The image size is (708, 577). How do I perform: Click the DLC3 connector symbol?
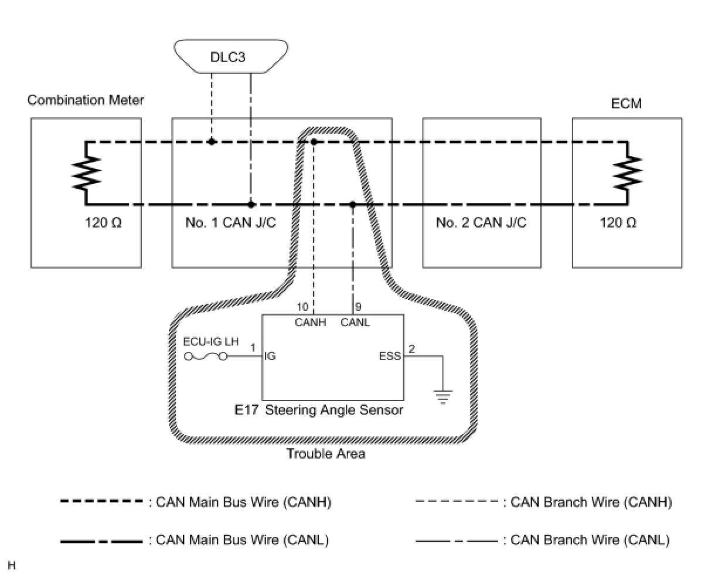(x=232, y=57)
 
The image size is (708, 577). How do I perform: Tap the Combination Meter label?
(x=86, y=100)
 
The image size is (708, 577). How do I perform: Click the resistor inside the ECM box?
(x=627, y=174)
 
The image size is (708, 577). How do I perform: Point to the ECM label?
(x=627, y=104)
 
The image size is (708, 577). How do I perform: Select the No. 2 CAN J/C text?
(x=481, y=223)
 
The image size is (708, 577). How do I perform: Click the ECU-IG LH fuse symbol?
(x=206, y=357)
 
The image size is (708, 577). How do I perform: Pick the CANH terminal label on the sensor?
(x=311, y=322)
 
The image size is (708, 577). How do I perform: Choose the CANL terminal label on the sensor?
(x=355, y=322)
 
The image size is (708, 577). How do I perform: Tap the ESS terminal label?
(x=390, y=356)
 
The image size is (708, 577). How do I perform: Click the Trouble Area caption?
(x=326, y=454)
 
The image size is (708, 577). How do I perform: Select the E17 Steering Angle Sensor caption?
(x=319, y=410)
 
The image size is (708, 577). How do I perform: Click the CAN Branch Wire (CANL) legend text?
(x=590, y=540)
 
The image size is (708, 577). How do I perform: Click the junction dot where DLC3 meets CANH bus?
(x=212, y=142)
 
